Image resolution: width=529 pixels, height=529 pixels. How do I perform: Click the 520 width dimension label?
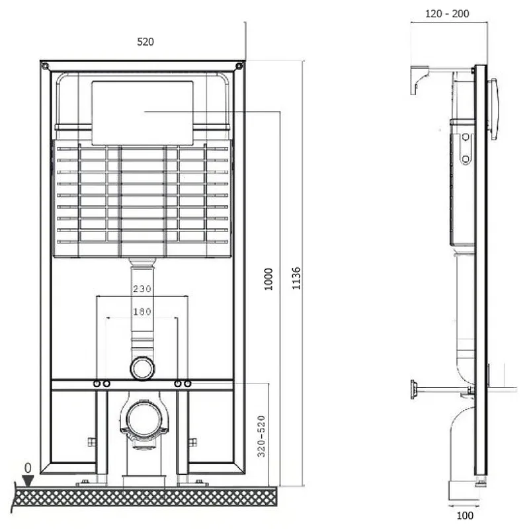[x=145, y=42]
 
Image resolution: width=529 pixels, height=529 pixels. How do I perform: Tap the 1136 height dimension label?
[x=296, y=278]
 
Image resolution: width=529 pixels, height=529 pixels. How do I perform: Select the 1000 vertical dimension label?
[x=268, y=279]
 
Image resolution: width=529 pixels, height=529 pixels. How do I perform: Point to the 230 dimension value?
[x=142, y=289]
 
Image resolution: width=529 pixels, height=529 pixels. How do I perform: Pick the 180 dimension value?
[x=142, y=311]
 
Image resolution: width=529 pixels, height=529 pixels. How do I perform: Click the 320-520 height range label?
[x=261, y=436]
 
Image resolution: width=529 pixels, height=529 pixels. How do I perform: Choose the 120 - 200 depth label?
[x=447, y=14]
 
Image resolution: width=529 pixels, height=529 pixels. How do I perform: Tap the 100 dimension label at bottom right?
[x=465, y=516]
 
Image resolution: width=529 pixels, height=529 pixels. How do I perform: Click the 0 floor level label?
[x=28, y=468]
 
